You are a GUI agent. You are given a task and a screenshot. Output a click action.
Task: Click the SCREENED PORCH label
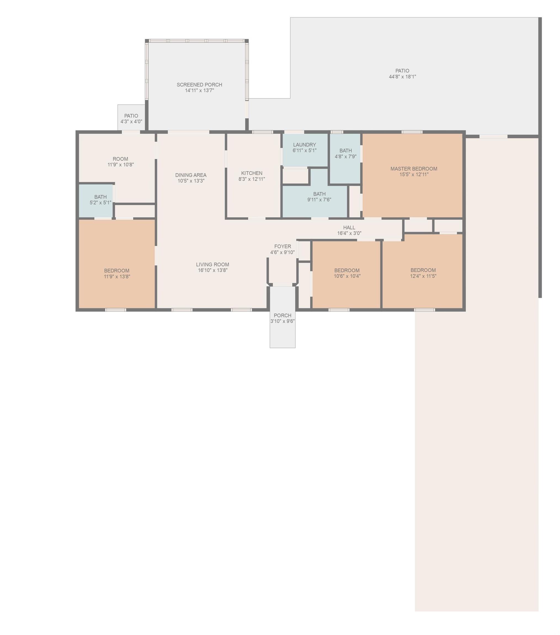point(199,85)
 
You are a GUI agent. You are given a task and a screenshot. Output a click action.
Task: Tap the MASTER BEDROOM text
point(414,169)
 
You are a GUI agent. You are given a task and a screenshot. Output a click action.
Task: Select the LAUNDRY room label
point(304,145)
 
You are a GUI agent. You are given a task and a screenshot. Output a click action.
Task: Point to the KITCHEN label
point(252,173)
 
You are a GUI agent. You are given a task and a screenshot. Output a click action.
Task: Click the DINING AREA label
point(191,175)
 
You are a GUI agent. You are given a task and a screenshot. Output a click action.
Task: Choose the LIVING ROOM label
point(213,264)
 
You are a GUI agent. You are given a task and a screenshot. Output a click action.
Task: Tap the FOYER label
point(283,246)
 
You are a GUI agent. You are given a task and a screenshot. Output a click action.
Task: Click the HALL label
point(349,227)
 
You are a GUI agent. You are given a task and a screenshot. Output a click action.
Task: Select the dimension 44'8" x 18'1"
point(402,77)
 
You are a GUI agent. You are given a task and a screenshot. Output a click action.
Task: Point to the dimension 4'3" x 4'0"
point(131,122)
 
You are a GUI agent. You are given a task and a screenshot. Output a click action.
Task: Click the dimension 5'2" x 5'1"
point(100,203)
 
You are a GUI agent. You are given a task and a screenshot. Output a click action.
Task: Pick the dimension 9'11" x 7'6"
point(319,200)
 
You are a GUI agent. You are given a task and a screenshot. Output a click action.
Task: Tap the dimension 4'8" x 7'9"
point(345,157)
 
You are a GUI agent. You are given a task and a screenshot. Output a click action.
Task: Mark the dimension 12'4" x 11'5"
point(423,276)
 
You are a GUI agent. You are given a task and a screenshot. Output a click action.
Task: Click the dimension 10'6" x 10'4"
point(347,276)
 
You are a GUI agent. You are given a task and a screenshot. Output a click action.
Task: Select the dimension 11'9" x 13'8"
point(117,276)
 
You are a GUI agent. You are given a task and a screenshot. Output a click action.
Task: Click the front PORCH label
point(283,315)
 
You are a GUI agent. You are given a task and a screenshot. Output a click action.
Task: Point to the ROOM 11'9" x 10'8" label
point(121,162)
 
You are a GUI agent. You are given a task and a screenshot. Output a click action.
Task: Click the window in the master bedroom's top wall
point(412,132)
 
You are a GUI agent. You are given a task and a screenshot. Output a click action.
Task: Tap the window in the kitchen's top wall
point(262,132)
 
